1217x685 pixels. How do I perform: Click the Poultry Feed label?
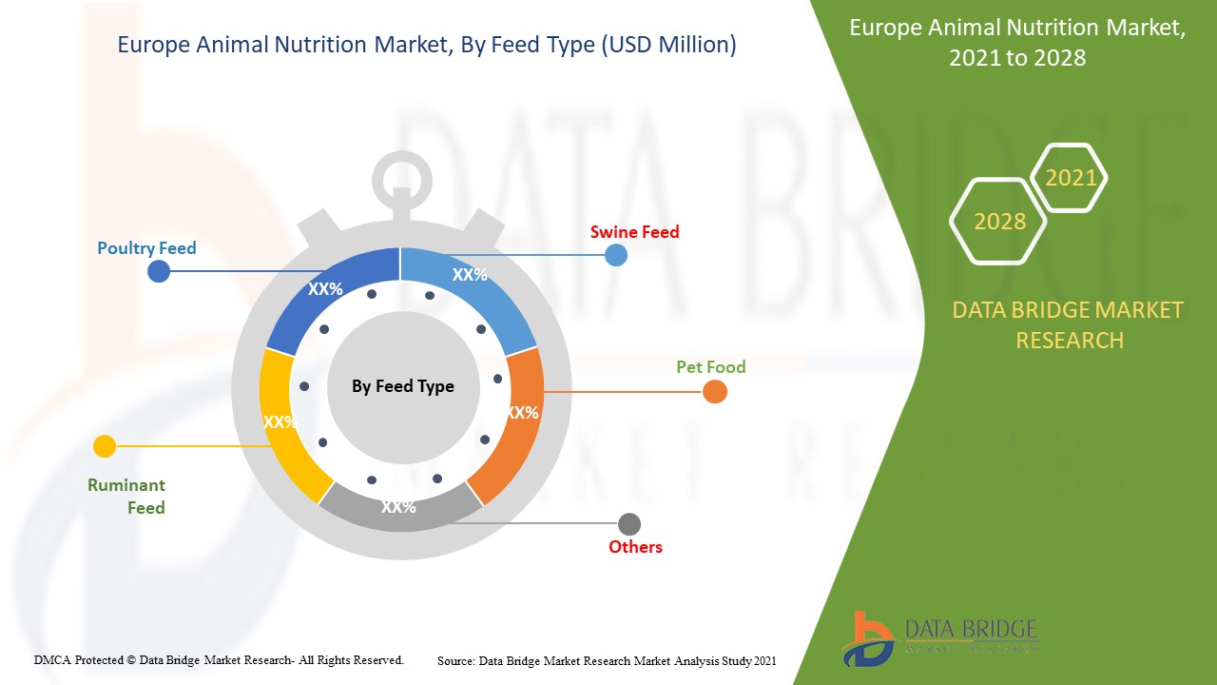coord(146,248)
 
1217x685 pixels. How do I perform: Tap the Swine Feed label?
coord(634,232)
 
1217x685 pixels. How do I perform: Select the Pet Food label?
coord(710,367)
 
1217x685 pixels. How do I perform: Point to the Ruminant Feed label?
coord(126,496)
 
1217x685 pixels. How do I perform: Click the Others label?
coord(635,546)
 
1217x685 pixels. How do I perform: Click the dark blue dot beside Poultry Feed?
coord(159,271)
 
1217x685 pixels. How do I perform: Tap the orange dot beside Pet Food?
coord(715,391)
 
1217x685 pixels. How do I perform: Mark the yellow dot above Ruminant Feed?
coord(105,446)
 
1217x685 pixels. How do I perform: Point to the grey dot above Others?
coord(629,524)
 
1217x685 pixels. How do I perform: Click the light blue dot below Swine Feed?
coord(616,255)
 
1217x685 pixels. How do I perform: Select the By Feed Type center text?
coord(402,386)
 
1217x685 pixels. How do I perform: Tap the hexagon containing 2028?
coord(998,222)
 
